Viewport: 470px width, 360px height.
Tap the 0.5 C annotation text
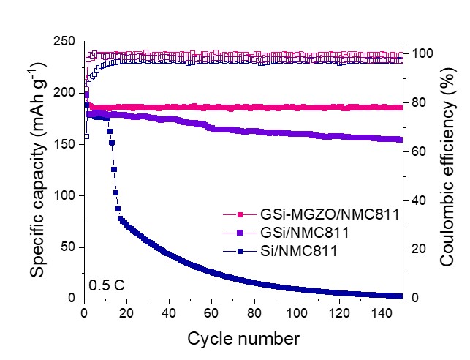(105, 284)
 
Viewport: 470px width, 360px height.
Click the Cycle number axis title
(243, 339)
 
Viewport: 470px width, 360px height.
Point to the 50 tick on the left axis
(69, 247)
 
